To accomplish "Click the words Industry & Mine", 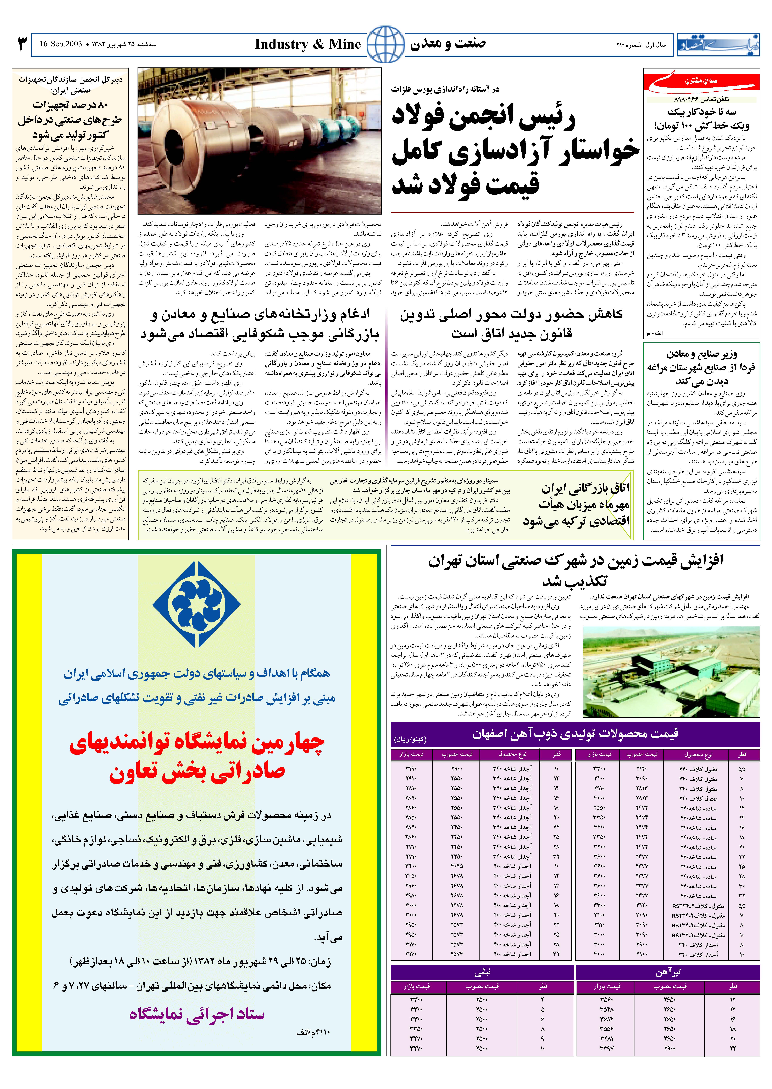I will pyautogui.click(x=308, y=44).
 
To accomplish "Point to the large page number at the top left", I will pyautogui.click(x=21, y=44).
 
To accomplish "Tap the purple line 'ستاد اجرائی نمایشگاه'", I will pyautogui.click(x=197, y=1014).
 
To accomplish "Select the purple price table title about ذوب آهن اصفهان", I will pyautogui.click(x=575, y=733).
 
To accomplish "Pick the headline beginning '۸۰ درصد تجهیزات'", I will pyautogui.click(x=70, y=105).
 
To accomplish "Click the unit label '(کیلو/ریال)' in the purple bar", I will pyautogui.click(x=410, y=740).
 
